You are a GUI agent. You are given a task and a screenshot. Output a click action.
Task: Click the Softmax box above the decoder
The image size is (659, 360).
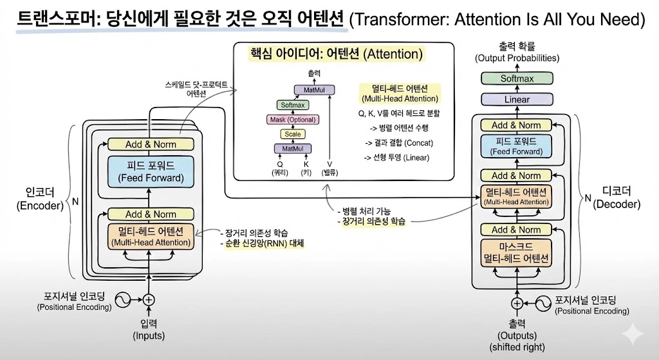click(517, 79)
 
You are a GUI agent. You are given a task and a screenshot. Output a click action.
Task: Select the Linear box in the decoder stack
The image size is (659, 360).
click(517, 99)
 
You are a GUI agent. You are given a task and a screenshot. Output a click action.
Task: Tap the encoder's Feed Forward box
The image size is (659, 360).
click(151, 171)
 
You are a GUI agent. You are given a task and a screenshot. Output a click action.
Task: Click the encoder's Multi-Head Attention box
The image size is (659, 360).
click(151, 236)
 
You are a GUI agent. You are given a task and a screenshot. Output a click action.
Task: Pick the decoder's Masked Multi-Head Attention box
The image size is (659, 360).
click(516, 252)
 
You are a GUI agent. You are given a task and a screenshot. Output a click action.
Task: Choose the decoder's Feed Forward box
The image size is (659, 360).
click(516, 146)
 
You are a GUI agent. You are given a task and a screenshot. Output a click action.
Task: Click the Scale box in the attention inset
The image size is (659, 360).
click(292, 134)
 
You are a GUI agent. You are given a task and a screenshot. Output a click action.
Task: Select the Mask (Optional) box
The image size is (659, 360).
click(292, 119)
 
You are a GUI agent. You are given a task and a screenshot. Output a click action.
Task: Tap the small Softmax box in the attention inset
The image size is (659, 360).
click(292, 104)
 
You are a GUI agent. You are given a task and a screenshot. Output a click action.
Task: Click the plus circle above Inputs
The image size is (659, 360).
click(149, 299)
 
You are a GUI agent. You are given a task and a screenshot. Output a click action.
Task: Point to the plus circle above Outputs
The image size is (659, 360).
click(517, 303)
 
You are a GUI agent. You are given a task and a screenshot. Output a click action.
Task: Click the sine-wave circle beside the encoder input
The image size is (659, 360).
click(123, 299)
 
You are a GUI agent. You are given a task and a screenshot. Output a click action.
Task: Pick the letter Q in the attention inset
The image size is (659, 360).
click(280, 164)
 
